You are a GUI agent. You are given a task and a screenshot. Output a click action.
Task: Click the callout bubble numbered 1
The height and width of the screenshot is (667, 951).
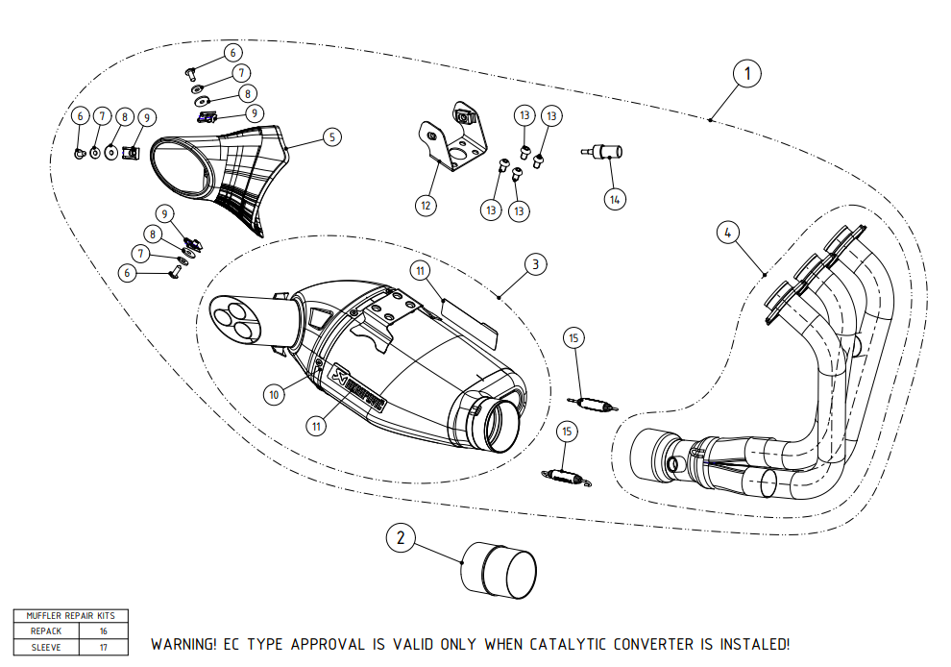[x=746, y=72]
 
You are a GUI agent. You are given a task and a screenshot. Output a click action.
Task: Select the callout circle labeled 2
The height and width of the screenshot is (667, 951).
[x=402, y=539]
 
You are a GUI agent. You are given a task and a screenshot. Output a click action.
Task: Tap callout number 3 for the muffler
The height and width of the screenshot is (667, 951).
[x=535, y=262]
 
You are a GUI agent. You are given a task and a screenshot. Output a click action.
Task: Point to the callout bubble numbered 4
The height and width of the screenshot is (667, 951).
[x=729, y=232]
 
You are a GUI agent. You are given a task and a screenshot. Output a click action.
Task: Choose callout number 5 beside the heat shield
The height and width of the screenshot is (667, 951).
[x=331, y=137]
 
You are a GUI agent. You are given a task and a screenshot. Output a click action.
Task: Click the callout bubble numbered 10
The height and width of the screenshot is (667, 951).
[x=274, y=392]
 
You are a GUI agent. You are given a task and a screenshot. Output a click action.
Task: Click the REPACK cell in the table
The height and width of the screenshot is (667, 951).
[x=45, y=631]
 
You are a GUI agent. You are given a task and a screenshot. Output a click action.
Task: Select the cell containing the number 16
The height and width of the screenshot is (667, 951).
[x=103, y=631]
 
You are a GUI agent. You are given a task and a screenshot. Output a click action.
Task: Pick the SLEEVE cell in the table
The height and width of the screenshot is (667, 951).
[x=45, y=647]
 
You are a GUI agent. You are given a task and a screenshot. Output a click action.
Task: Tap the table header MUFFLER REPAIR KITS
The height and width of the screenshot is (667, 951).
[x=71, y=616]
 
